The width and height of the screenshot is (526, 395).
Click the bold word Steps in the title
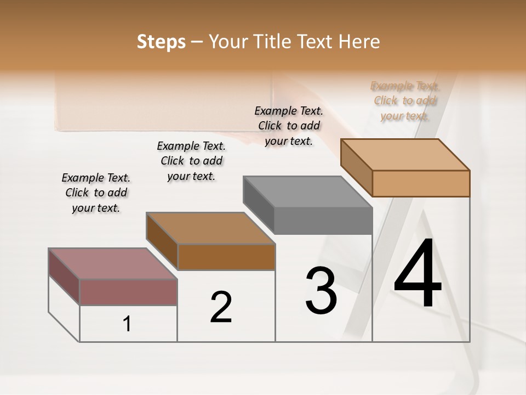coord(161,42)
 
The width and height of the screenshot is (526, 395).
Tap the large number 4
coord(418,274)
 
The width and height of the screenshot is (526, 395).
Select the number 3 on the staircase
coord(321,291)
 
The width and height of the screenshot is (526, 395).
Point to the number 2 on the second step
coord(221,307)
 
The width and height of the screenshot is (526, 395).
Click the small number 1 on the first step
coord(127,324)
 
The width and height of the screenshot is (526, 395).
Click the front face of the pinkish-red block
coord(128,292)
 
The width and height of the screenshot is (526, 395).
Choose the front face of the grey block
coord(323,221)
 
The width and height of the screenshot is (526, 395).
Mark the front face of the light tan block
coord(421,183)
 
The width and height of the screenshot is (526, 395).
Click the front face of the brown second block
coord(226,257)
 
